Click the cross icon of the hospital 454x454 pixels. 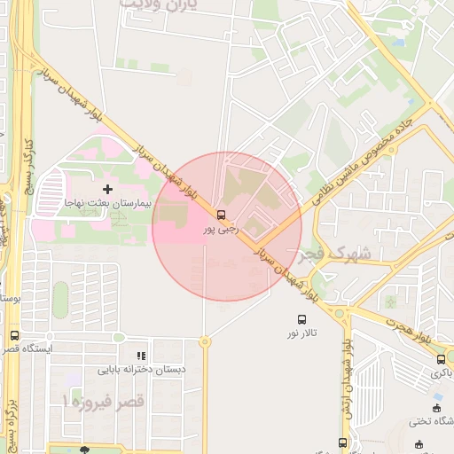click(108, 189)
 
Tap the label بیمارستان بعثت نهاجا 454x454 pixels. click(108, 204)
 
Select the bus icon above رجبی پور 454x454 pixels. click(221, 215)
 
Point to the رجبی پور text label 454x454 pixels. click(221, 230)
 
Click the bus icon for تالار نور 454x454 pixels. click(302, 319)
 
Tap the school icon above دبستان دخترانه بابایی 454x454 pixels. click(142, 356)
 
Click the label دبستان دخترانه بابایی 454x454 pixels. click(141, 370)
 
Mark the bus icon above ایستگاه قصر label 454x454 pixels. click(14, 336)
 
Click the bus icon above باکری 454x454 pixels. click(442, 359)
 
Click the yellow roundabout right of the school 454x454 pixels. click(205, 341)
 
